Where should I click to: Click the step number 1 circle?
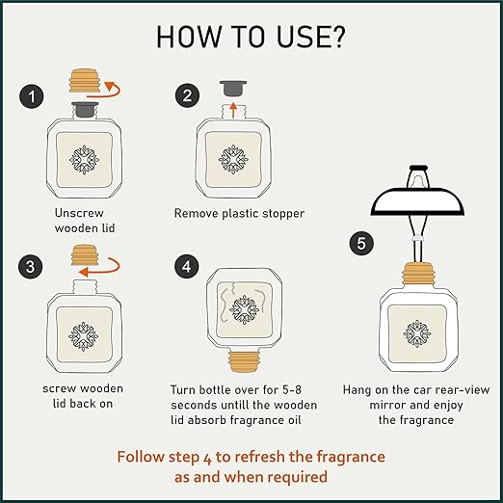tap(32, 96)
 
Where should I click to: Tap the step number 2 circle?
tap(187, 95)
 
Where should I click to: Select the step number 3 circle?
tap(31, 266)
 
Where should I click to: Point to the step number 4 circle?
tap(187, 266)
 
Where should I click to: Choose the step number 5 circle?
tap(361, 243)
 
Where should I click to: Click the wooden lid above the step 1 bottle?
tap(85, 81)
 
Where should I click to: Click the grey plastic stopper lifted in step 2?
tap(233, 89)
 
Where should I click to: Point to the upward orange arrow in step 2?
tap(233, 110)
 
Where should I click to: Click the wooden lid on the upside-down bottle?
tap(244, 361)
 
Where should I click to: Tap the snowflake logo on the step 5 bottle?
tap(417, 333)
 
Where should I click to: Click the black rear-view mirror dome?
tap(417, 201)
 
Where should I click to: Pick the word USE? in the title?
tap(310, 37)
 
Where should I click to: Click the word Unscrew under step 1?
tap(79, 213)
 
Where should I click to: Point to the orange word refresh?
tap(251, 457)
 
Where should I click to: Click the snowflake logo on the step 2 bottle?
tap(233, 159)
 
